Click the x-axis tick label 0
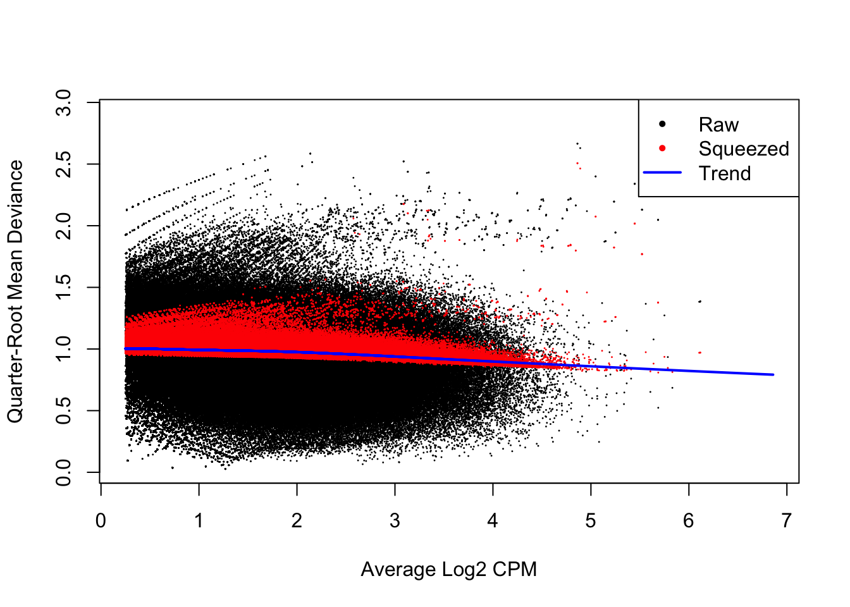101,521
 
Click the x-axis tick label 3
395,521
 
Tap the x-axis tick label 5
590,521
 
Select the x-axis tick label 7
786,521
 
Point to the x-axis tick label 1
199,521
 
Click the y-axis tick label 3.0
64,102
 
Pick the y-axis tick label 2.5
64,164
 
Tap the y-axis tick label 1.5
64,287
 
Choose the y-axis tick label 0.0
64,472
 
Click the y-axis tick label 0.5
64,410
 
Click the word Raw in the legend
718,125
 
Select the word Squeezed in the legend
744,149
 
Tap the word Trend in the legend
725,173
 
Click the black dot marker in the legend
662,124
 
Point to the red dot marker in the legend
662,149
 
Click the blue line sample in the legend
662,173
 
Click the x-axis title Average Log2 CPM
448,569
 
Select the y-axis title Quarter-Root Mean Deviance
15,291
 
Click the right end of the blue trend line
773,374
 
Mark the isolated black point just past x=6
699,302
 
